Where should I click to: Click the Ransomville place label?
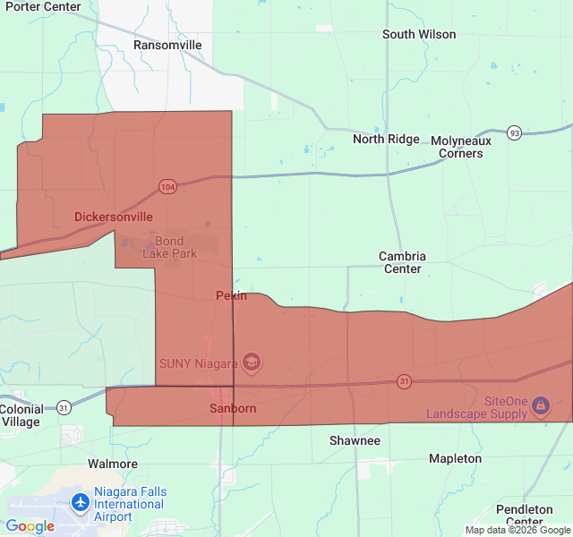167,45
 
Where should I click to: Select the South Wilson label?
419,35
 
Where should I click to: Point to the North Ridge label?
386,139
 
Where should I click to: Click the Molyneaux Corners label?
461,147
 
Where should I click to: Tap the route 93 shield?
514,132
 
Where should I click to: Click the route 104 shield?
167,186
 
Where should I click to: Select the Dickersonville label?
113,217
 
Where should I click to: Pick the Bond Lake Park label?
169,247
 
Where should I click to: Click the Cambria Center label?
402,262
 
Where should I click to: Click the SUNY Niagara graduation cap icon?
252,362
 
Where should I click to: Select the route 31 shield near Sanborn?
405,382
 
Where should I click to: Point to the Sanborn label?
233,408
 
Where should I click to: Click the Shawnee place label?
355,440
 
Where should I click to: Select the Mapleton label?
455,458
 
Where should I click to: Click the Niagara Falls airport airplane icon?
81,503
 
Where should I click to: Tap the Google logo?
30,526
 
